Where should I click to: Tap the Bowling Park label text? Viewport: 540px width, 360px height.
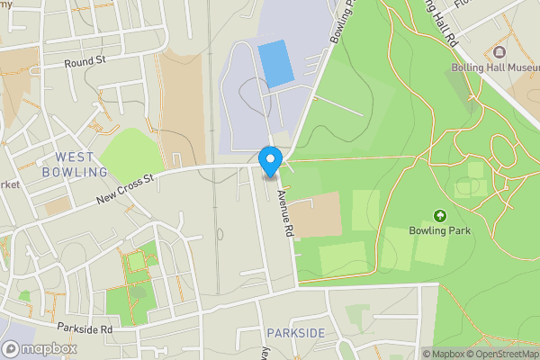pos(441,230)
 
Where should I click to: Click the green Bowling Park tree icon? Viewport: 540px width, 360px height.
pos(440,215)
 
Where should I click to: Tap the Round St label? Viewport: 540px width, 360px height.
pos(85,63)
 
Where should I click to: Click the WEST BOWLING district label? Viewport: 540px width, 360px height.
pos(74,164)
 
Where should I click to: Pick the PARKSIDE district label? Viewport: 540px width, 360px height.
pos(296,334)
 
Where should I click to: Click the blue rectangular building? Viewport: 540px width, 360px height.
pos(275,63)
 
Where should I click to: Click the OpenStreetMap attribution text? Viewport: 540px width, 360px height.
pos(501,354)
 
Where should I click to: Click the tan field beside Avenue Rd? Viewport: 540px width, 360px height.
pos(315,214)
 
